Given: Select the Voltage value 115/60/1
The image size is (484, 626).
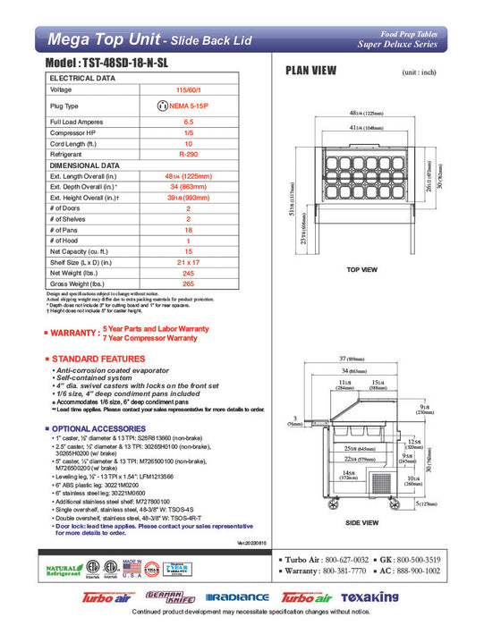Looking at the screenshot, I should pyautogui.click(x=188, y=90).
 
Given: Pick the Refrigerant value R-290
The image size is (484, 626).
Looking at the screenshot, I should pyautogui.click(x=188, y=154).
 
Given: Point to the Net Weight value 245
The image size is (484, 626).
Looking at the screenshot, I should pyautogui.click(x=188, y=272).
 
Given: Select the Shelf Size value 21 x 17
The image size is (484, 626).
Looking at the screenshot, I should pyautogui.click(x=188, y=261).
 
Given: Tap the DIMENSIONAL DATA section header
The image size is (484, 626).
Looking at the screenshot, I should pyautogui.click(x=84, y=165).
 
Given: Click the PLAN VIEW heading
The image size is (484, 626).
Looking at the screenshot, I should pyautogui.click(x=310, y=71).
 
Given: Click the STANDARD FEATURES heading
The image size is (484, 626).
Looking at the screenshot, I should pyautogui.click(x=98, y=358).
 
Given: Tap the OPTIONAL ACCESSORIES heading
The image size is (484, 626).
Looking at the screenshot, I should pyautogui.click(x=106, y=428).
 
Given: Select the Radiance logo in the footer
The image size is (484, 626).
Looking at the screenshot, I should pyautogui.click(x=236, y=597).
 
